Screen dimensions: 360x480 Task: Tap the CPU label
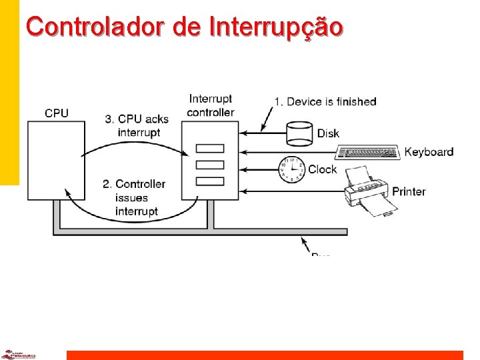tap(57, 113)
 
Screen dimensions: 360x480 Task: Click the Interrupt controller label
tap(211, 105)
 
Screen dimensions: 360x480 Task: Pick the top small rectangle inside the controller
tap(211, 149)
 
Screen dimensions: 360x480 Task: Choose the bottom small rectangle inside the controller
tap(211, 181)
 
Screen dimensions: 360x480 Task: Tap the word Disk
tap(328, 133)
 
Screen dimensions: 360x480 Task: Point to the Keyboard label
tap(429, 152)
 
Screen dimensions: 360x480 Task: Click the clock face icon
tap(291, 169)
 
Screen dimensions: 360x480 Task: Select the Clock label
tap(322, 169)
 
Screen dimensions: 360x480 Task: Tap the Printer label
tap(408, 191)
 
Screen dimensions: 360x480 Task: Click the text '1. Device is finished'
tap(325, 101)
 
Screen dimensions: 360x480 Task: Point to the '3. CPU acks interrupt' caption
tap(137, 125)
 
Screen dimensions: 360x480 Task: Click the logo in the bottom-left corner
tap(18, 355)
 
